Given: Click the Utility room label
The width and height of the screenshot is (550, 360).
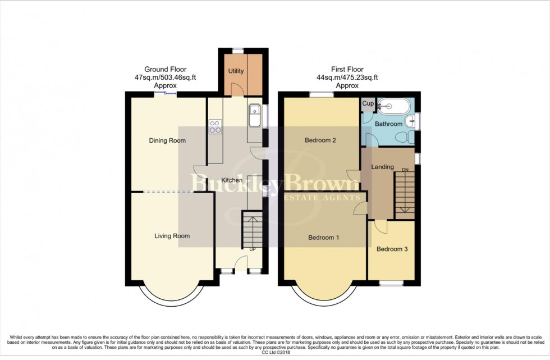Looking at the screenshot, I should [x=235, y=71].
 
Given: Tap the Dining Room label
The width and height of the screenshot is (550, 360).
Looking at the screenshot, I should [x=167, y=140].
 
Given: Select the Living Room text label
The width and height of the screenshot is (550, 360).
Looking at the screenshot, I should [x=172, y=236].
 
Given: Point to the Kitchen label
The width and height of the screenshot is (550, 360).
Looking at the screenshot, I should [x=231, y=180].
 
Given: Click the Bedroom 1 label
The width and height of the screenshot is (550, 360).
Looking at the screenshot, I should [x=324, y=238].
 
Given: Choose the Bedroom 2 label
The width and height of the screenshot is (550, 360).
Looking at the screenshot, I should [x=320, y=140].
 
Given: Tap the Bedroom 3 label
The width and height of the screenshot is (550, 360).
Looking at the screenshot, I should [x=392, y=249].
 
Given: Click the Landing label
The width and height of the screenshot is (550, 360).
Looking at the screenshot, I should [x=382, y=167].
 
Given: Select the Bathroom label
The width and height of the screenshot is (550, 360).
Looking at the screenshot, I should [x=388, y=124].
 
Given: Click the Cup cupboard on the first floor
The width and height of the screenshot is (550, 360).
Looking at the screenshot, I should [x=368, y=104].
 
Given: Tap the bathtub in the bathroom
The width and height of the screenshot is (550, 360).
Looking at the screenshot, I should [x=395, y=105].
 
